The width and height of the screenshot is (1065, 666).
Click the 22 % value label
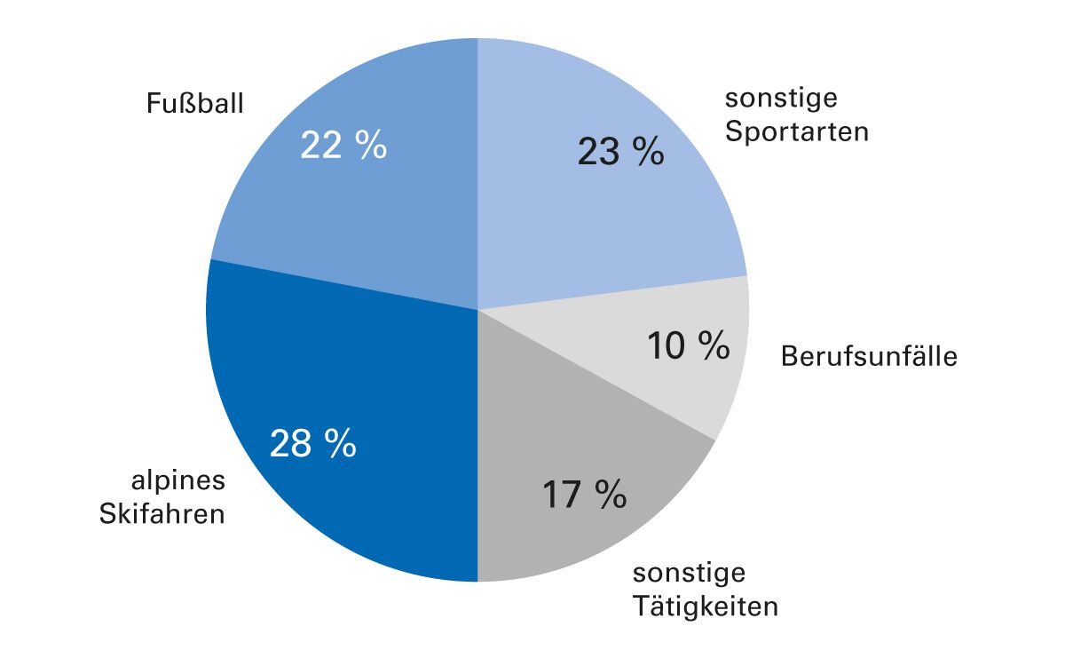343,146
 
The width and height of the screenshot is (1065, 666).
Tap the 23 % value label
620,152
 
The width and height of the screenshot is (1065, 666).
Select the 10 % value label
688,345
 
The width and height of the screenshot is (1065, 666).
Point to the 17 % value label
584,495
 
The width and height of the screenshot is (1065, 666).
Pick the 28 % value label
312,443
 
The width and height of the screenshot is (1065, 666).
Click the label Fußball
195,104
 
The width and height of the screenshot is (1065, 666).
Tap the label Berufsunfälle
869,357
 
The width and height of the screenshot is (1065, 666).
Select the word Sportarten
796,132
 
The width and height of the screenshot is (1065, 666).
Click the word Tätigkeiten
706,607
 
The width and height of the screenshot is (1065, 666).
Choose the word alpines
178,481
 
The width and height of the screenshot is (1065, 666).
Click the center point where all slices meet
477,309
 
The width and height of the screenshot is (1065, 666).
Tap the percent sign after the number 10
712,345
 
